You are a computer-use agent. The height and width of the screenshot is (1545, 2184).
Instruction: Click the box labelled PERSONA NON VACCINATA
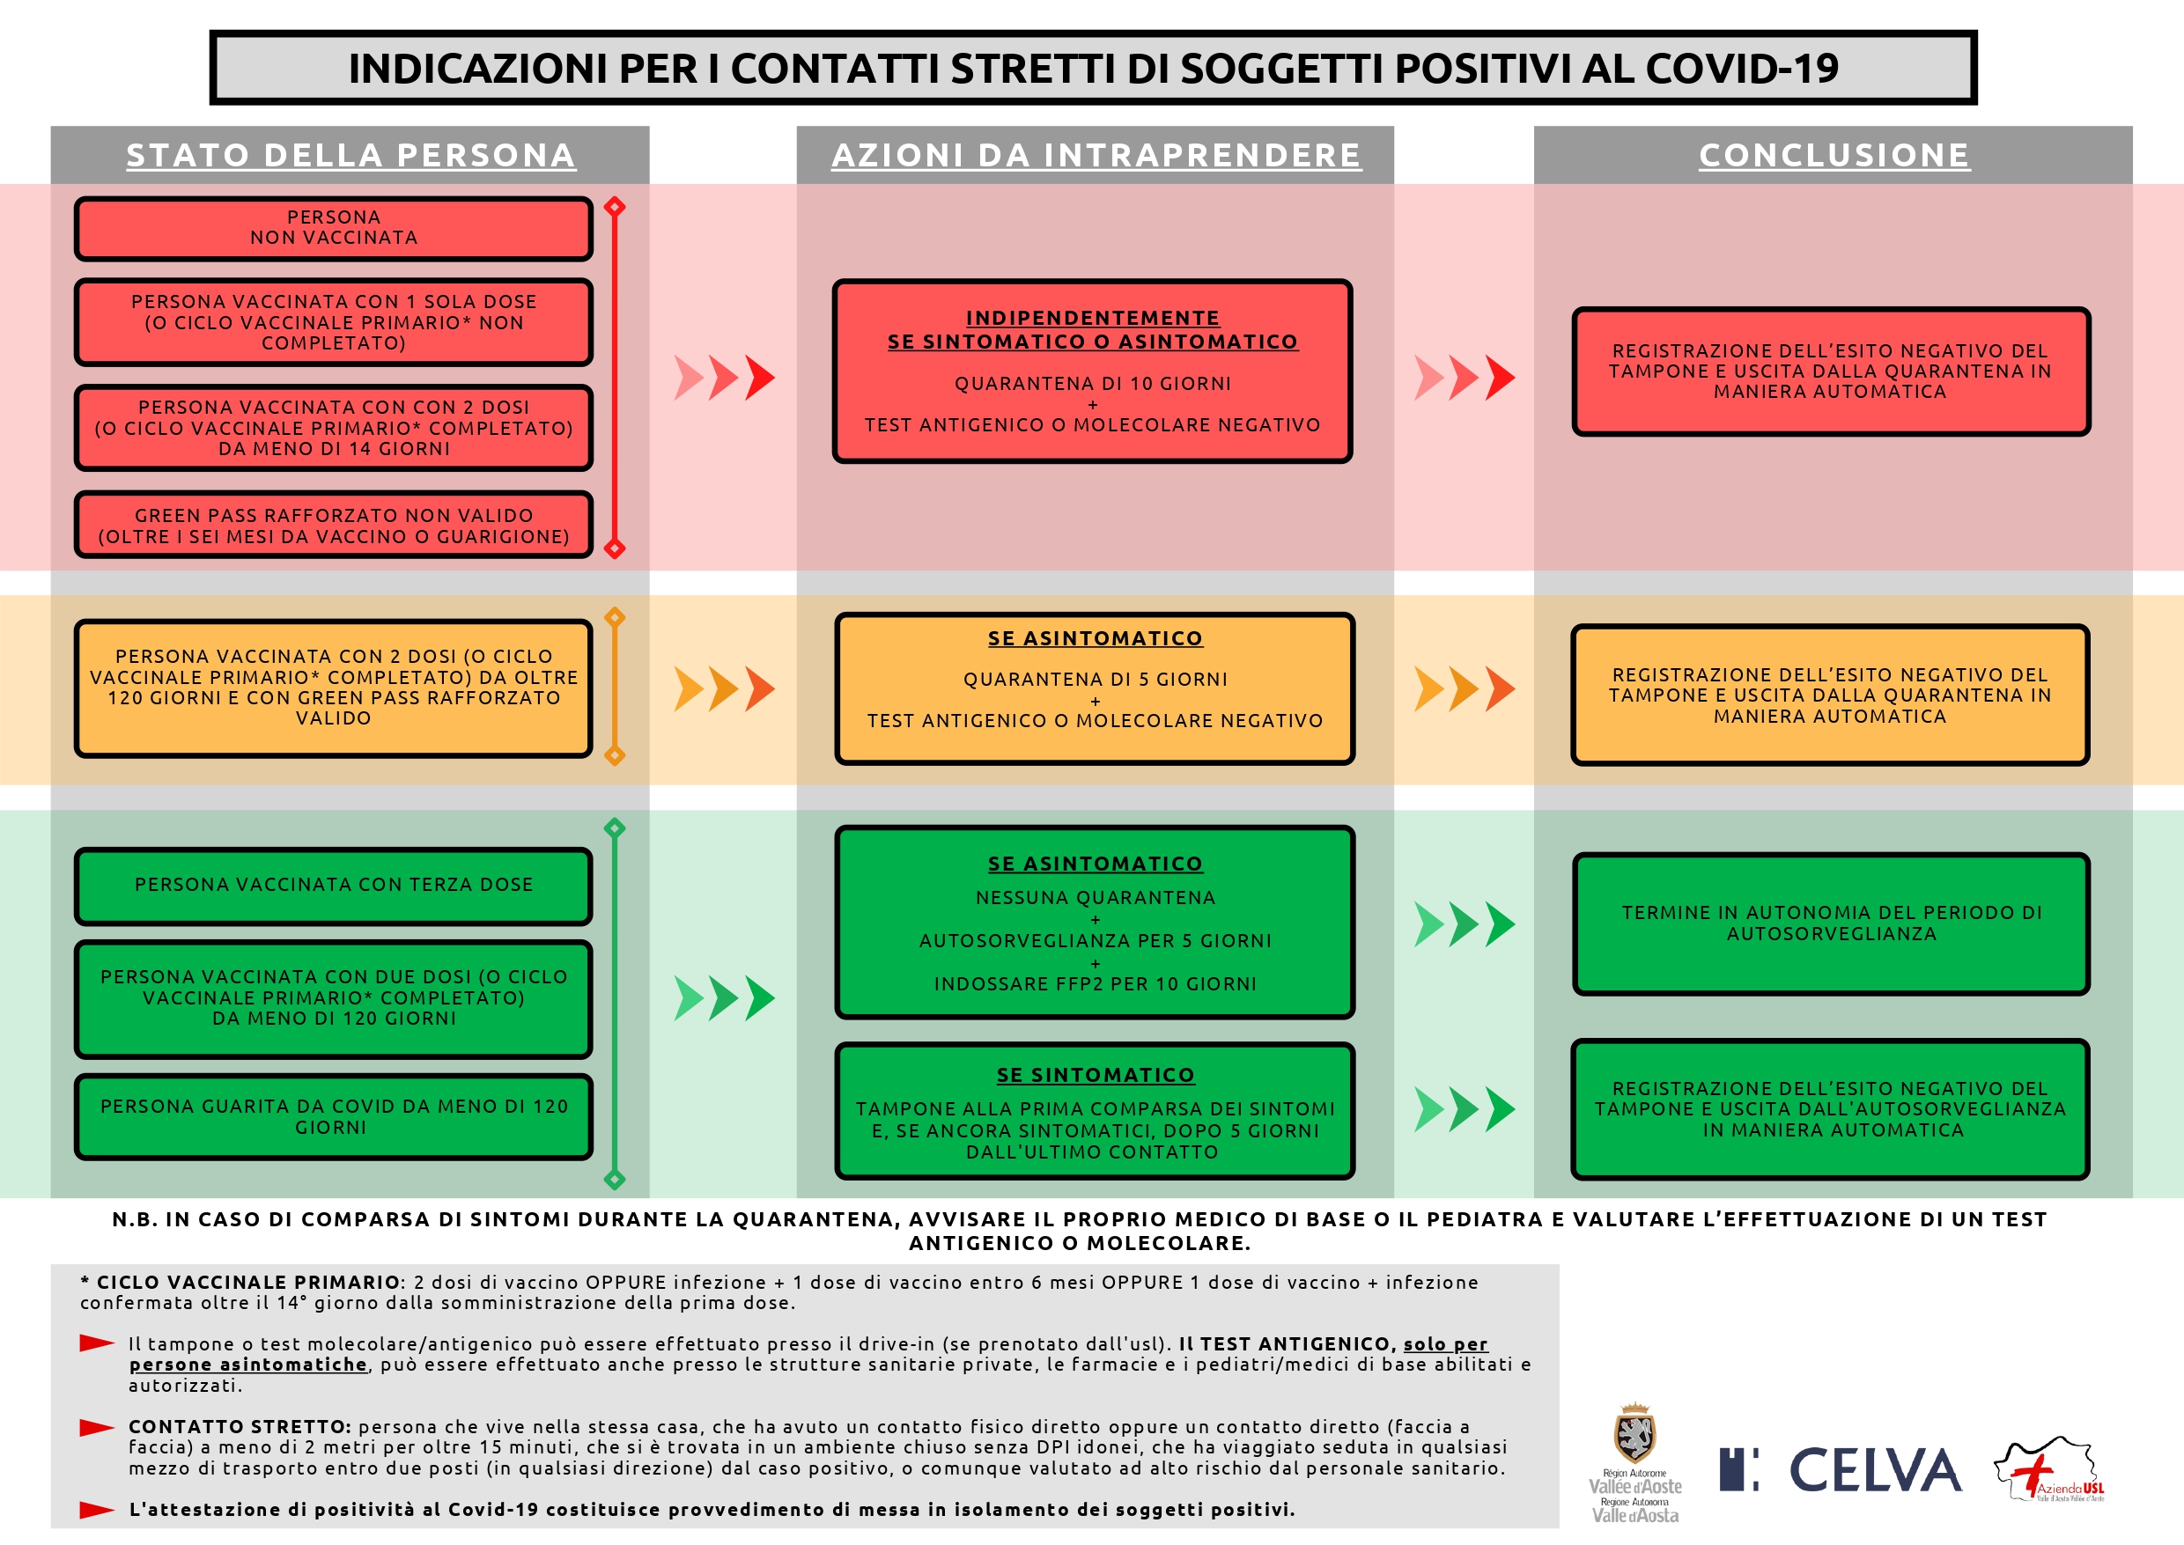click(x=333, y=228)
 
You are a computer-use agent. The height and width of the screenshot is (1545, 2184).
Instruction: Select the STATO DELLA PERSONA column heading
click(x=350, y=155)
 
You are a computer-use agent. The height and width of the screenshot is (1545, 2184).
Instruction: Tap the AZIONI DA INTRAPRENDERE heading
click(x=1096, y=155)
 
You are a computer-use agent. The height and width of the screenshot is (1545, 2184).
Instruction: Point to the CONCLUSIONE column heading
click(x=1834, y=155)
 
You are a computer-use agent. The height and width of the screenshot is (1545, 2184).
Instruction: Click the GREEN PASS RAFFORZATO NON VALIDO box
click(x=333, y=526)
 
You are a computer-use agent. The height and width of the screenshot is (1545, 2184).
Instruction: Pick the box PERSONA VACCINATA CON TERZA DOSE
click(x=333, y=885)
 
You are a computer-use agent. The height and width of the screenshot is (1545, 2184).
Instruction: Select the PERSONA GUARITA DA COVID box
click(x=333, y=1116)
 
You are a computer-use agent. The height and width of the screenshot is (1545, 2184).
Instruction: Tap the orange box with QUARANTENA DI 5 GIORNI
click(x=1095, y=688)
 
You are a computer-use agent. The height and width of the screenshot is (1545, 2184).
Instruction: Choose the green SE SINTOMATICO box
click(x=1095, y=1111)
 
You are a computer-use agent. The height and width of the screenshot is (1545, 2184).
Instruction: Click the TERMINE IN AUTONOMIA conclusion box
click(x=1831, y=923)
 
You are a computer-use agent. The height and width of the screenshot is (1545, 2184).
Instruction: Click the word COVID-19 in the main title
click(x=1742, y=69)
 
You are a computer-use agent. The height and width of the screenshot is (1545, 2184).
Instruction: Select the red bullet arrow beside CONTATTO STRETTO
click(x=96, y=1427)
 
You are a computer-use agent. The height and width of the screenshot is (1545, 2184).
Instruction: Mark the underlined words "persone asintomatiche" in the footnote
click(x=247, y=1365)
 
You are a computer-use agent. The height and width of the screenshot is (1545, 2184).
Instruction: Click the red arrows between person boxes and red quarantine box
click(x=724, y=378)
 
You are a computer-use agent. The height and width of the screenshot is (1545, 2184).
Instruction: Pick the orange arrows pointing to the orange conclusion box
click(x=1465, y=688)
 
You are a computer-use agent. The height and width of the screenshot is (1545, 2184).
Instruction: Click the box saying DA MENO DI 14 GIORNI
click(x=333, y=427)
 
